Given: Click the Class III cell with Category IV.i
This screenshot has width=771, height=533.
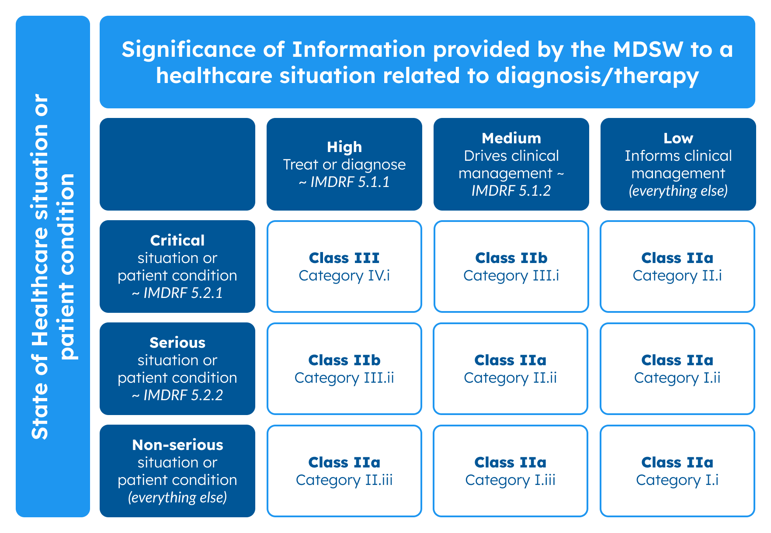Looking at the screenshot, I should point(344,266).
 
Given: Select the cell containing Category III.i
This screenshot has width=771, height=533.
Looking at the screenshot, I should point(511,266).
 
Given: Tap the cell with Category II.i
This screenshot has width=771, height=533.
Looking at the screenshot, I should point(677,266).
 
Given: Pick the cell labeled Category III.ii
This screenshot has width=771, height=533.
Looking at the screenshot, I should point(344,369).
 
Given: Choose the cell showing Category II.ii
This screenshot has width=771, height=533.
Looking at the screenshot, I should point(510,369).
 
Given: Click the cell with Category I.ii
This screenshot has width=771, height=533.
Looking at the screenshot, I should point(677,369).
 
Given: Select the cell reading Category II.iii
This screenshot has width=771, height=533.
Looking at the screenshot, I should point(344,471).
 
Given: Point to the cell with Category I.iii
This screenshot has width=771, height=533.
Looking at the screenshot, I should point(510,471).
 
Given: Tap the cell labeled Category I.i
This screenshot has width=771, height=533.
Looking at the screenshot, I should point(677,471).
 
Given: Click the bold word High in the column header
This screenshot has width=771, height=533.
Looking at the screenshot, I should point(344,147).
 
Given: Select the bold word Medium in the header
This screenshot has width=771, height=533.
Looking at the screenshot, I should point(511,138).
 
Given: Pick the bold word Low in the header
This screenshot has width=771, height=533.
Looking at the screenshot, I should point(678,138).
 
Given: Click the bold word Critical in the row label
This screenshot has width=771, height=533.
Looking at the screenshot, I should point(177,240).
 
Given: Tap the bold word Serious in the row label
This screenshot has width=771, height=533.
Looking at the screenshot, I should point(177,343).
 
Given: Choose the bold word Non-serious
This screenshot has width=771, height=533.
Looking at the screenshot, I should point(177,445).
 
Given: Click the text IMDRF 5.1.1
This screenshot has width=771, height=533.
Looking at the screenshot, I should point(350,182).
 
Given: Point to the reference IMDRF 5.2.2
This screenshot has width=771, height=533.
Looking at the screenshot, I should point(183,395).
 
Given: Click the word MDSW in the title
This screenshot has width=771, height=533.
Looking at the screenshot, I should point(648,49).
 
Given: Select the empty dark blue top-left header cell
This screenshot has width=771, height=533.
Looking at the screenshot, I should point(177,164).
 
